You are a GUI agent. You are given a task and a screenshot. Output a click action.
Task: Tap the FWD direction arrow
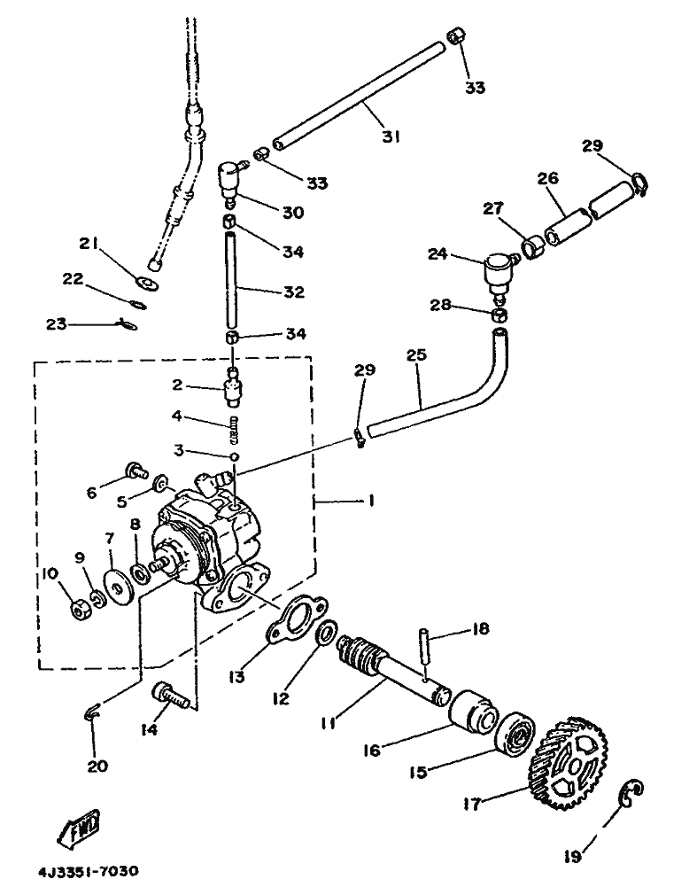pos(80,827)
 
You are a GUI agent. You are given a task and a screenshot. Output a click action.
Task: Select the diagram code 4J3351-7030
pos(89,870)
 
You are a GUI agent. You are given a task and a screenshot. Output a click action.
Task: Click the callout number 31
pos(391,136)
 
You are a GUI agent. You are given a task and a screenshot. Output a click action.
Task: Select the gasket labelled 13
pos(296,619)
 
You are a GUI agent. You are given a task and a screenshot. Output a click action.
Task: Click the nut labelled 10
pos(79,610)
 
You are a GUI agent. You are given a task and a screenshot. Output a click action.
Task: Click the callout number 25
pos(416,355)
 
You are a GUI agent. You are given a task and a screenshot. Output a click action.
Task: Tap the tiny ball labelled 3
pos(234,456)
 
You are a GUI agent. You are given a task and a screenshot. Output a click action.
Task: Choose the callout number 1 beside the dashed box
pos(371,501)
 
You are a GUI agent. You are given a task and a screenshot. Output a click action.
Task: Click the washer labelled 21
pos(148,282)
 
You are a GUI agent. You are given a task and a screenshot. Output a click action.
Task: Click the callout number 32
pos(294,292)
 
